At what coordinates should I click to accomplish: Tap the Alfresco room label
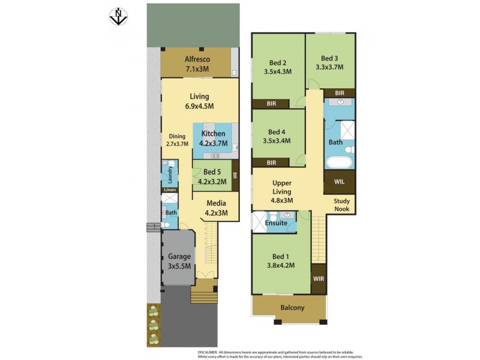(x=197, y=64)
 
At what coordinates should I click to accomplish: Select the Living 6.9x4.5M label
(x=199, y=101)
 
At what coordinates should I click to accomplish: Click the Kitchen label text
(x=213, y=139)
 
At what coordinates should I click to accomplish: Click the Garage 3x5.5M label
(x=179, y=261)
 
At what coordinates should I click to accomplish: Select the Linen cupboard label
(x=170, y=190)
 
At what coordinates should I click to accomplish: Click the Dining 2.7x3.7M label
(x=177, y=140)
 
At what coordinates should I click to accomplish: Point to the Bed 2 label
(x=277, y=67)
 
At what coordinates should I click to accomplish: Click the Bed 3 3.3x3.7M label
(x=329, y=63)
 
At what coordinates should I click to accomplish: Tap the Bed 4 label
(x=277, y=137)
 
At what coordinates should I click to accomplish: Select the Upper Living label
(x=282, y=191)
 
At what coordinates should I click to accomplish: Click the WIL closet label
(x=339, y=181)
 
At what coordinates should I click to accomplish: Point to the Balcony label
(x=292, y=308)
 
